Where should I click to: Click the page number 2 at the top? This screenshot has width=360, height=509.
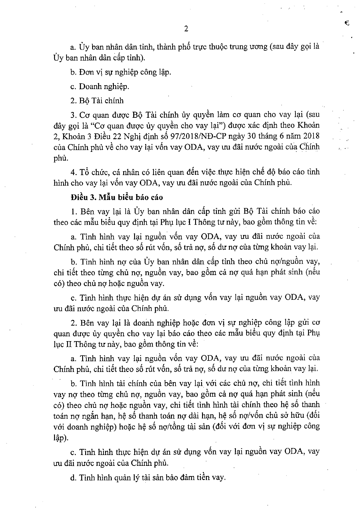click(186, 29)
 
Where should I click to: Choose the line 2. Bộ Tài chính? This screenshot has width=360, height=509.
click(97, 101)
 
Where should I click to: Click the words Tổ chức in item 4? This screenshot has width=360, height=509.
click(95, 172)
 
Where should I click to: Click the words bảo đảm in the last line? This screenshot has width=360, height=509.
click(181, 478)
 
